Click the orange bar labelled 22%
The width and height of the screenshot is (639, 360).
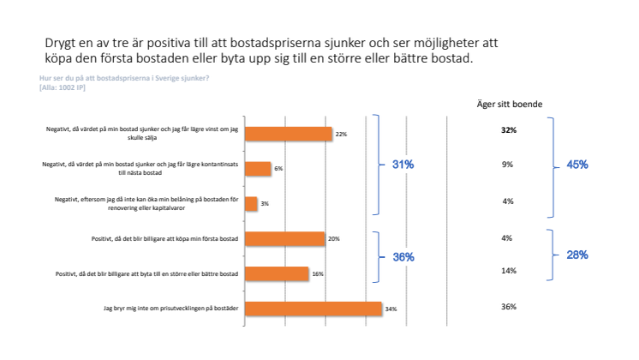(x=289, y=134)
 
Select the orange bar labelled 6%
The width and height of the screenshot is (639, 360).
(x=258, y=169)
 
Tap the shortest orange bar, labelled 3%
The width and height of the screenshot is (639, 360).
(x=252, y=204)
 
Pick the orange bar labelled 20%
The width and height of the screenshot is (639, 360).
(x=285, y=239)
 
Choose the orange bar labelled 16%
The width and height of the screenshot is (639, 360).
(x=277, y=273)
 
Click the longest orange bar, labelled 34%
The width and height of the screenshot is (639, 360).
(x=314, y=308)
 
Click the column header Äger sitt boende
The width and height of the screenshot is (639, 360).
(x=509, y=105)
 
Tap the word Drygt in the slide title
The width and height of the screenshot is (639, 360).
(x=61, y=43)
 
